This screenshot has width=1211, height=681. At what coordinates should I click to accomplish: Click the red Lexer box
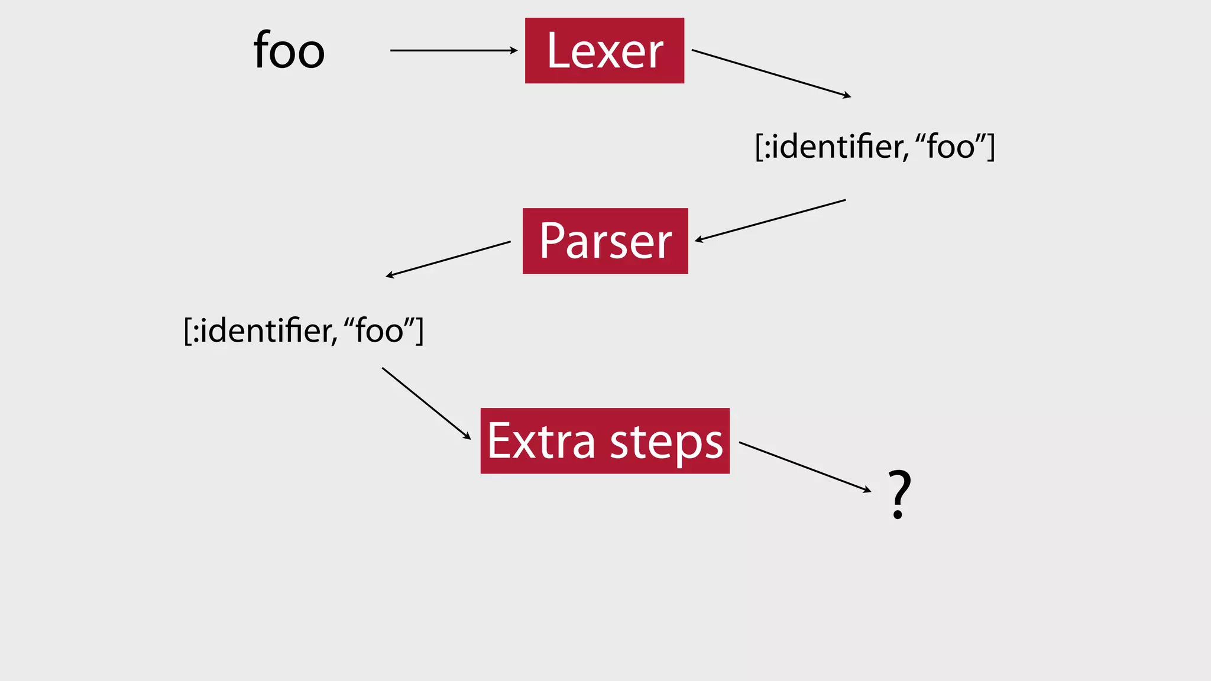[x=604, y=51]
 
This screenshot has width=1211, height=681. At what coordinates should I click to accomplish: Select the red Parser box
[x=605, y=241]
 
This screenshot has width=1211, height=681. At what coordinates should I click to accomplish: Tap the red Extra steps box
[x=604, y=441]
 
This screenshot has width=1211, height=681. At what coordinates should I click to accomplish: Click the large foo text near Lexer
[x=289, y=51]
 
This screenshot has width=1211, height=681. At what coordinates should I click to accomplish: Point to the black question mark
[x=899, y=494]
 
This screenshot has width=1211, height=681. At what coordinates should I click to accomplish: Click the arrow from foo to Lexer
[x=452, y=51]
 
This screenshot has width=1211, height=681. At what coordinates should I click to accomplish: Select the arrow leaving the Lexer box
[x=770, y=73]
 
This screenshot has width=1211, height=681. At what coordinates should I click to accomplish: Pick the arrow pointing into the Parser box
[x=770, y=220]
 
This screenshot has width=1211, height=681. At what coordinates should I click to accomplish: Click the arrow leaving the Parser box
[x=448, y=259]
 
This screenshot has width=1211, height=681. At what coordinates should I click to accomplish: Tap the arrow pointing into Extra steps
[x=426, y=403]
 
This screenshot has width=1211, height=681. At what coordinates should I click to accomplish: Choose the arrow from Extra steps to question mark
[x=804, y=466]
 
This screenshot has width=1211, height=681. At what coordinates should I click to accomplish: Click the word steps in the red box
[x=666, y=443]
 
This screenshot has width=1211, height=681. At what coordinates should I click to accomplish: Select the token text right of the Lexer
[x=875, y=147]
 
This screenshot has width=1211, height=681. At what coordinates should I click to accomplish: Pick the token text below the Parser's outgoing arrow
[x=303, y=330]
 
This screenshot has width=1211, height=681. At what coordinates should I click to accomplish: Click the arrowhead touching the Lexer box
[x=513, y=51]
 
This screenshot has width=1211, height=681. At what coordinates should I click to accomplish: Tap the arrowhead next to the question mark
[x=867, y=490]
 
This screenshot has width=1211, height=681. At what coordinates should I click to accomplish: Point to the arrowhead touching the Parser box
[x=699, y=239]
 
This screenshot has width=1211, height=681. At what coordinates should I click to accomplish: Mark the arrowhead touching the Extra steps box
[x=467, y=436]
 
